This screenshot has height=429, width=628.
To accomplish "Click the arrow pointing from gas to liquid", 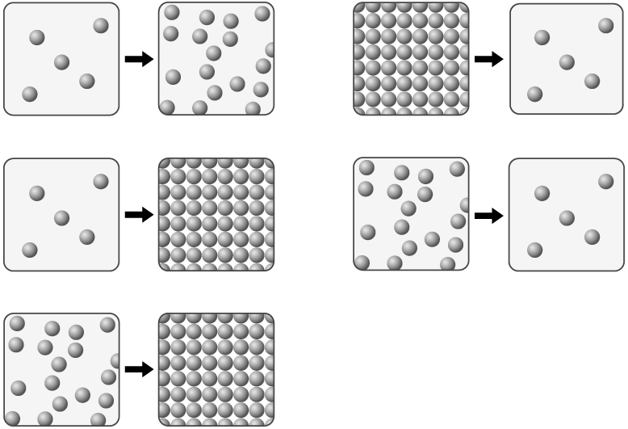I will [139, 59].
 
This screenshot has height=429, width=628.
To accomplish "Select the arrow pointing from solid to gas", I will [488, 59].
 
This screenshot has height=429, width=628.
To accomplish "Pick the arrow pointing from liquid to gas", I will [488, 215].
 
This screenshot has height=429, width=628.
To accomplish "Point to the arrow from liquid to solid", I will [139, 369].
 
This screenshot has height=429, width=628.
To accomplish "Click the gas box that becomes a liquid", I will [61, 59].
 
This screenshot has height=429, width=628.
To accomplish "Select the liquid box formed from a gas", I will [216, 59].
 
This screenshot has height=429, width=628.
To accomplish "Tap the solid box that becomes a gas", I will [411, 59].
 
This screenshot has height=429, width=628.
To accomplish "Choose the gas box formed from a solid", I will [567, 59].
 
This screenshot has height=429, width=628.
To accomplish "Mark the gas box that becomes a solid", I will [61, 214].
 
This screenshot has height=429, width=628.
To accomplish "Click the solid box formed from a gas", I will [216, 214].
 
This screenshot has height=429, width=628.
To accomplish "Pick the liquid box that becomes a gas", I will [411, 214].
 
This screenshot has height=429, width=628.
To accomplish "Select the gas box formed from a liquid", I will [567, 214].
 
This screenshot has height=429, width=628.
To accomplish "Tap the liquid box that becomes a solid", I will [61, 369].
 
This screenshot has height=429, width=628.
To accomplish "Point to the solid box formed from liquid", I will [216, 369].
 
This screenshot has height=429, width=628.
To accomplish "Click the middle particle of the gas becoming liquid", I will [62, 62].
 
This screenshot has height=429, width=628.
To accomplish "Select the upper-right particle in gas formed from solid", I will [605, 26].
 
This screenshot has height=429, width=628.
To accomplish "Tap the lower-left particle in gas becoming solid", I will [30, 250].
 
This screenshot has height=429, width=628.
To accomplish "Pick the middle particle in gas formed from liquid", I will [567, 217].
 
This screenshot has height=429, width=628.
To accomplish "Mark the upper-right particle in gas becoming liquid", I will [101, 26].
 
